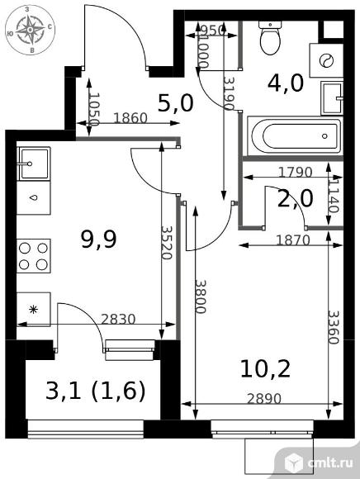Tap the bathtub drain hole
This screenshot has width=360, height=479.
pos(324,136)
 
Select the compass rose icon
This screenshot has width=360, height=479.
pos(31,30)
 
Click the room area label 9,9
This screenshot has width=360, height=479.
pos(98,239)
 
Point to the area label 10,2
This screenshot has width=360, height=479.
pos(265,368)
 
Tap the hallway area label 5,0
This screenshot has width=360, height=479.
pos(176,103)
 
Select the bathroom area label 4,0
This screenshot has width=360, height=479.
pos(286,83)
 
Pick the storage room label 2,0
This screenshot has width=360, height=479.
pos(295,198)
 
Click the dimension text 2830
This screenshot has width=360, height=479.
pos(118,320)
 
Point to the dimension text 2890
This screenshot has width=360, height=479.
pos(264,399)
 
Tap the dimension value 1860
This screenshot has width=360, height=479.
pos(130,118)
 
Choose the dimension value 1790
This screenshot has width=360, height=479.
pos(296,173)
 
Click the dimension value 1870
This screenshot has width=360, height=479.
pos(293,240)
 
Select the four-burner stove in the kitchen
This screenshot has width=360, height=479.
pos(34,256)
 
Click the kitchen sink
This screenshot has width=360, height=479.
pos(34,164)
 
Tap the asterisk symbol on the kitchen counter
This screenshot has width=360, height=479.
pos(33,310)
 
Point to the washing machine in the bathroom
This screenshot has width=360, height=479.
pos(326,60)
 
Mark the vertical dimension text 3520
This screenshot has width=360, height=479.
pos(167,243)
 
